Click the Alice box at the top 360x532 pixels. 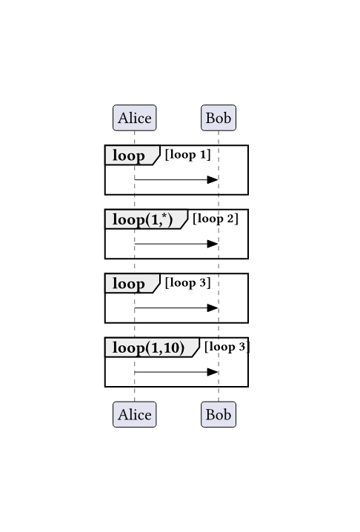point(134,118)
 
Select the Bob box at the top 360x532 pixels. point(219,118)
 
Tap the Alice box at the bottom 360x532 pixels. point(134,414)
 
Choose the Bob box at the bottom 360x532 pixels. point(219,414)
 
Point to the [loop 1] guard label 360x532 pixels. point(187,155)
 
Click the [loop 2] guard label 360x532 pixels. point(216,219)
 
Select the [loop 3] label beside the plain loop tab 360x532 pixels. point(187,283)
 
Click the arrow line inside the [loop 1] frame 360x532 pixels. point(176,179)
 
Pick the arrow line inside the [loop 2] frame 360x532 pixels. point(176,244)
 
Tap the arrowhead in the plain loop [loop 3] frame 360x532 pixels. point(213,307)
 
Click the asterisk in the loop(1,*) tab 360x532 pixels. point(164,216)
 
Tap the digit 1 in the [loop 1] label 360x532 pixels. point(203,155)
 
